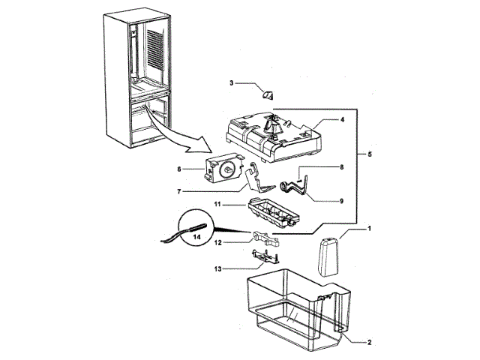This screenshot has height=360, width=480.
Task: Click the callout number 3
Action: tap(232, 83)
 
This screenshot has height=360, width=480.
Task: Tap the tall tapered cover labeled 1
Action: tap(326, 259)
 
